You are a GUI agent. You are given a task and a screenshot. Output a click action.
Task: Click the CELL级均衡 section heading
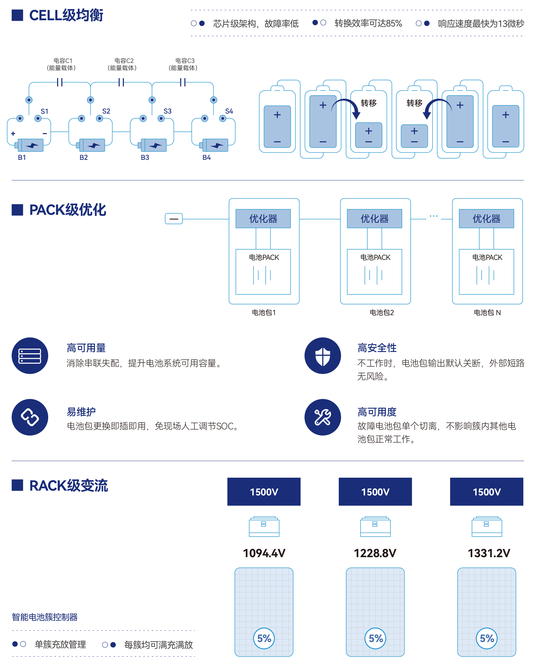[66, 15]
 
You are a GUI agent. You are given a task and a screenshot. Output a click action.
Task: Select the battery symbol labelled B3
[154, 145]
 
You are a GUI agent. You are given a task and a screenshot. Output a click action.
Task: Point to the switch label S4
[229, 111]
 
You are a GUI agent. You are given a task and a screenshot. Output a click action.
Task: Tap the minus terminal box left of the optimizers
[174, 218]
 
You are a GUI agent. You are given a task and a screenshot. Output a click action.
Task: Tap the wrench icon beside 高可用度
[322, 417]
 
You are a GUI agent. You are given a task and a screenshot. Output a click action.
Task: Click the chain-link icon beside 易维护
[30, 417]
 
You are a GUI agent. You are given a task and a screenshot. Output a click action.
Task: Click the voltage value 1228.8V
[375, 553]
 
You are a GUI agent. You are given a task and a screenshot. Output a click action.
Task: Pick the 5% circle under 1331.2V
[487, 638]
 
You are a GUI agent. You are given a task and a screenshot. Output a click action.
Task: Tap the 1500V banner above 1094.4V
[264, 492]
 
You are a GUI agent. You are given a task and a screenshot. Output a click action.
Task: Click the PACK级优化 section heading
[67, 210]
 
